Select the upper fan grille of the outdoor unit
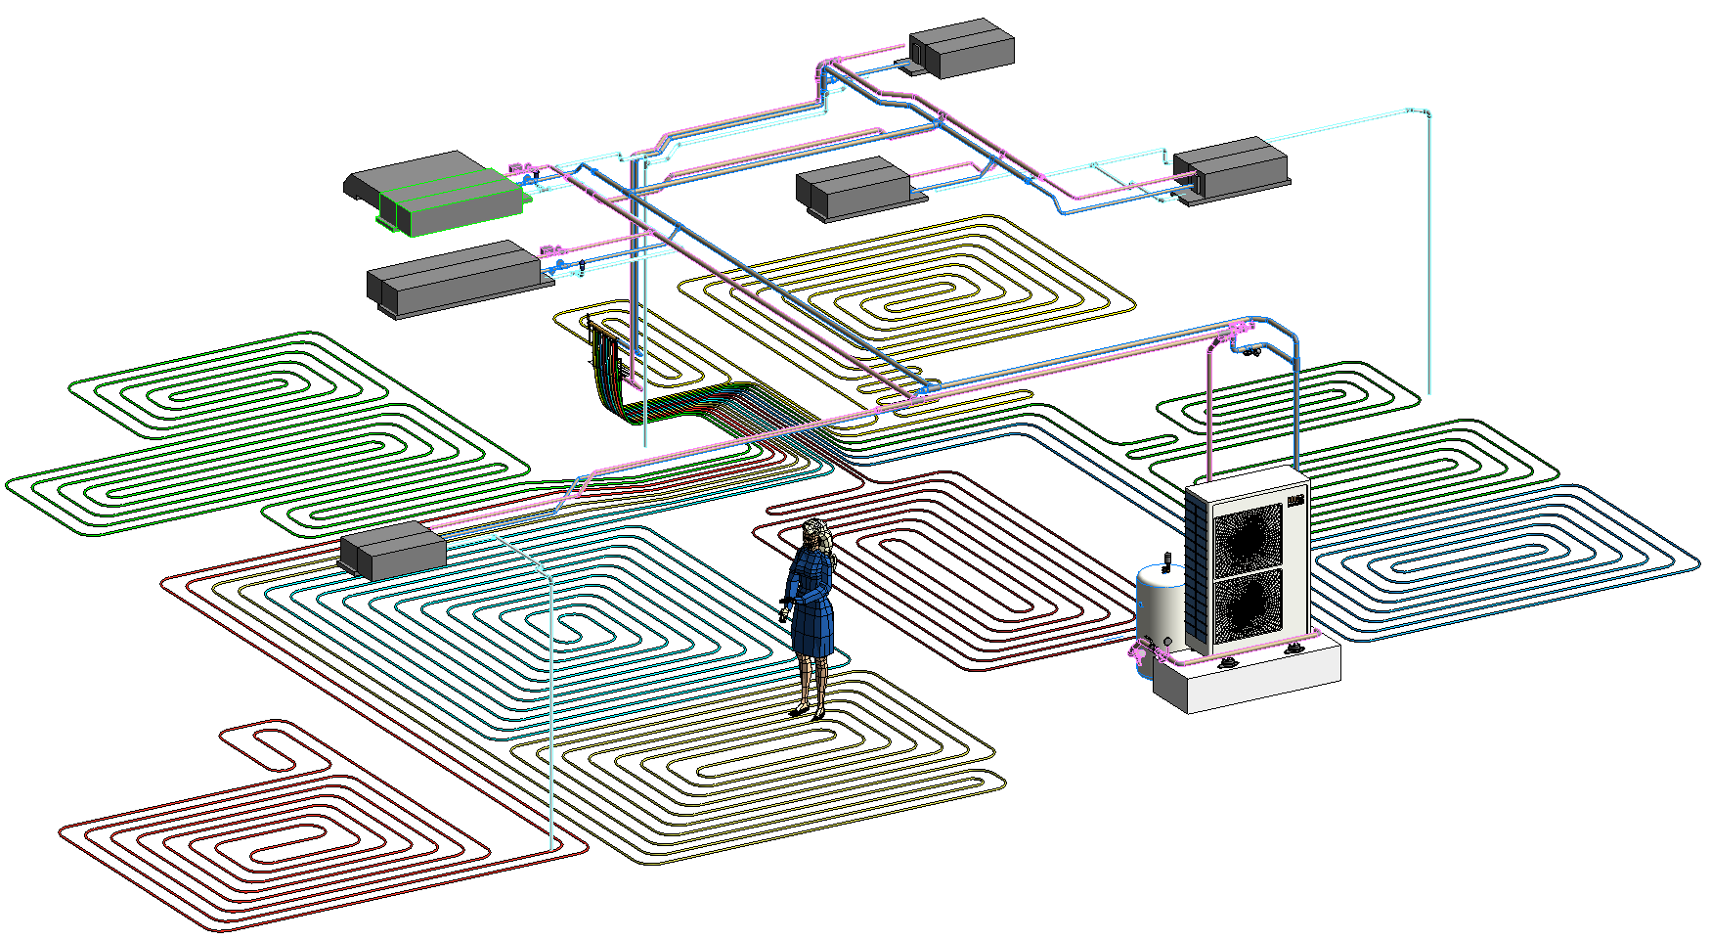click(x=1248, y=537)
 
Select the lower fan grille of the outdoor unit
click(x=1248, y=605)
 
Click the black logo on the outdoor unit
click(x=1296, y=501)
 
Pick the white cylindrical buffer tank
click(x=1160, y=606)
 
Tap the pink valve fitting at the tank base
click(x=1140, y=650)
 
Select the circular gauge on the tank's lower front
click(x=1167, y=642)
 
